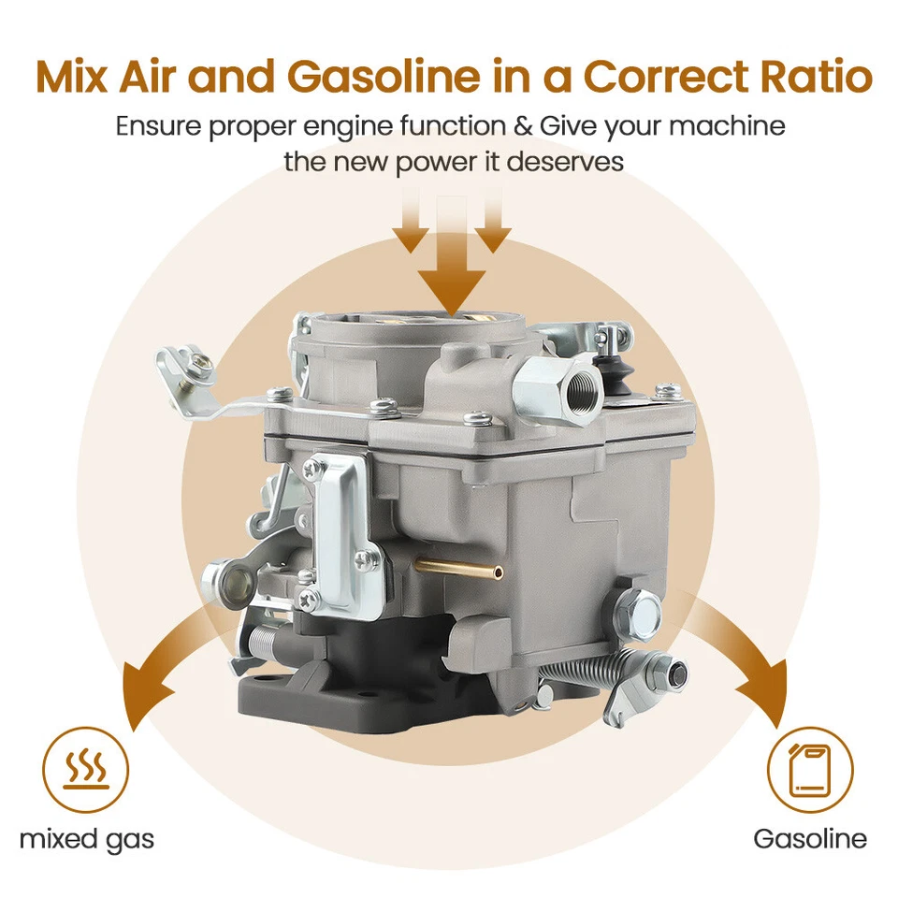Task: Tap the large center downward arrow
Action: coord(451,262)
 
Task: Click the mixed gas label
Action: coord(86,838)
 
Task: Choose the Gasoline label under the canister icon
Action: coord(810,838)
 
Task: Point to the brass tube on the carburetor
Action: coord(458,567)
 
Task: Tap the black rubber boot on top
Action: coord(615,370)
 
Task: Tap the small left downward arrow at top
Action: coord(411,224)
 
